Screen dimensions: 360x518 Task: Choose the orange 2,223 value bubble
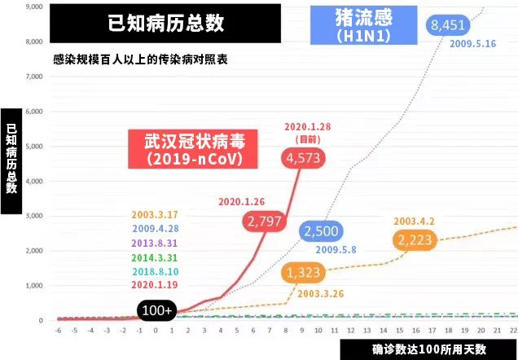click(x=415, y=239)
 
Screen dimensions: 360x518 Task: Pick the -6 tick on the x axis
click(x=58, y=331)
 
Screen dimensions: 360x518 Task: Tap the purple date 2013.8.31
click(x=153, y=244)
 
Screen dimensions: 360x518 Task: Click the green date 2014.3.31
click(x=153, y=257)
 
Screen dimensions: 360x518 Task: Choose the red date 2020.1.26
click(x=241, y=201)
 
